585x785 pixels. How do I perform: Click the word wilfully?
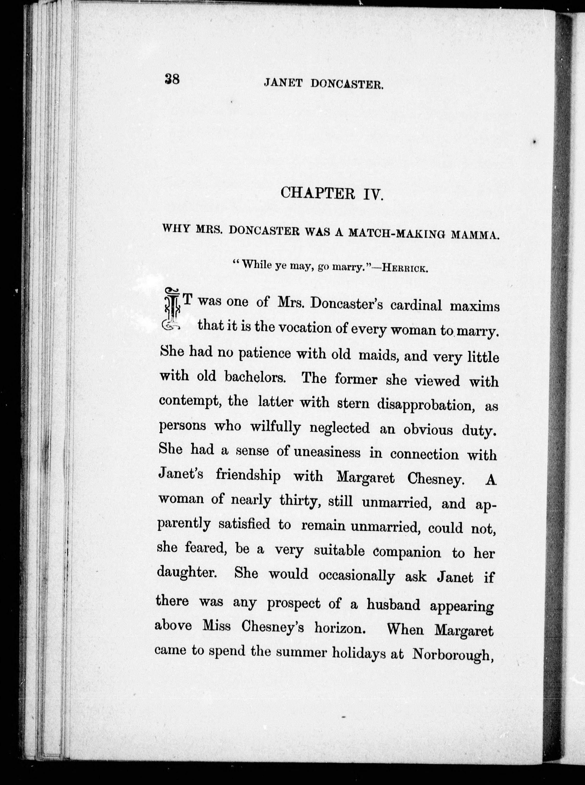click(276, 427)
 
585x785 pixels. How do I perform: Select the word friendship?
click(248, 475)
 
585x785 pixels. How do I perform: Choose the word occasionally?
click(357, 576)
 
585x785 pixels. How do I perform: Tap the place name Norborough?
click(453, 654)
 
